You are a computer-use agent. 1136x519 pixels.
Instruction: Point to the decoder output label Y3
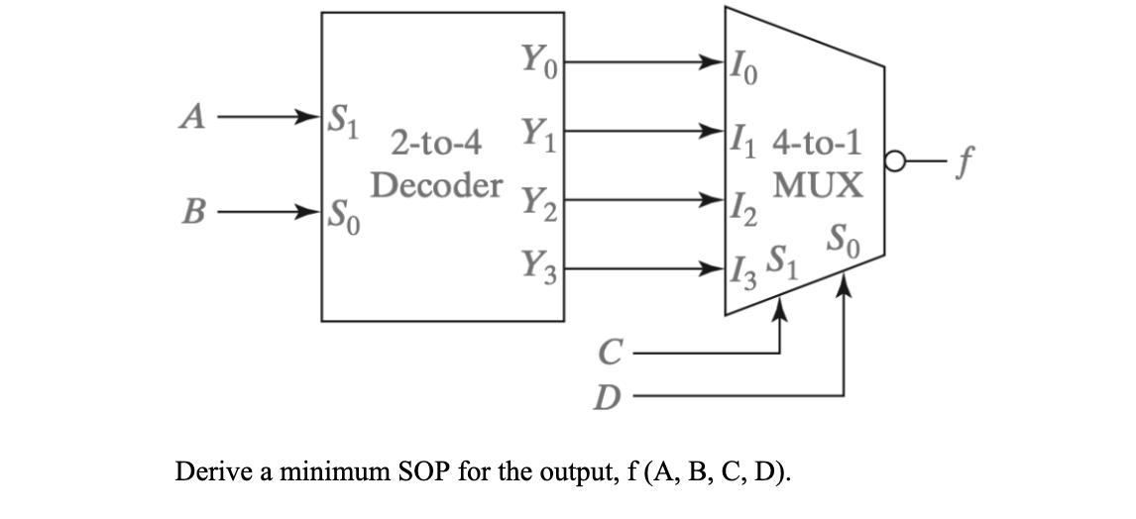(540, 266)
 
